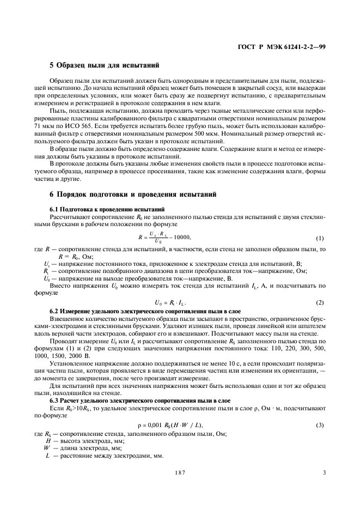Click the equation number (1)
tap(320, 238)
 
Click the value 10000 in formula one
tap(181, 236)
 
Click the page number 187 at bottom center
tap(180, 473)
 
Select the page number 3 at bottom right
tap(324, 473)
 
